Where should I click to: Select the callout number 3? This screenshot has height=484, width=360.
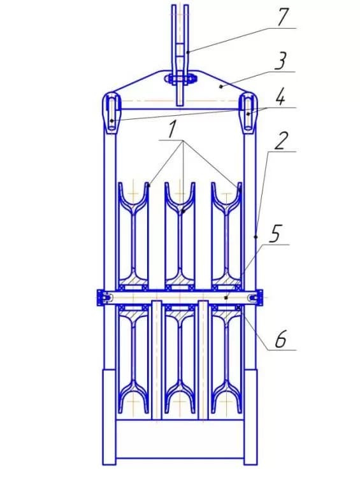point(280,61)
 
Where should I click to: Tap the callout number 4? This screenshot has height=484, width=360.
point(280,97)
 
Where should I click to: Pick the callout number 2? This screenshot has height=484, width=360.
point(280,141)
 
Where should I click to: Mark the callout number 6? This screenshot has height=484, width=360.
point(280,339)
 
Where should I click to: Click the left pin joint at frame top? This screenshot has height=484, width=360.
point(111,113)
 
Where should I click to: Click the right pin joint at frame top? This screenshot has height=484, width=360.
point(248,113)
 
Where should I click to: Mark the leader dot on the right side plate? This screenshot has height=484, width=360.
point(256,237)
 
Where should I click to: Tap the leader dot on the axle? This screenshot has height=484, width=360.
point(226,297)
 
